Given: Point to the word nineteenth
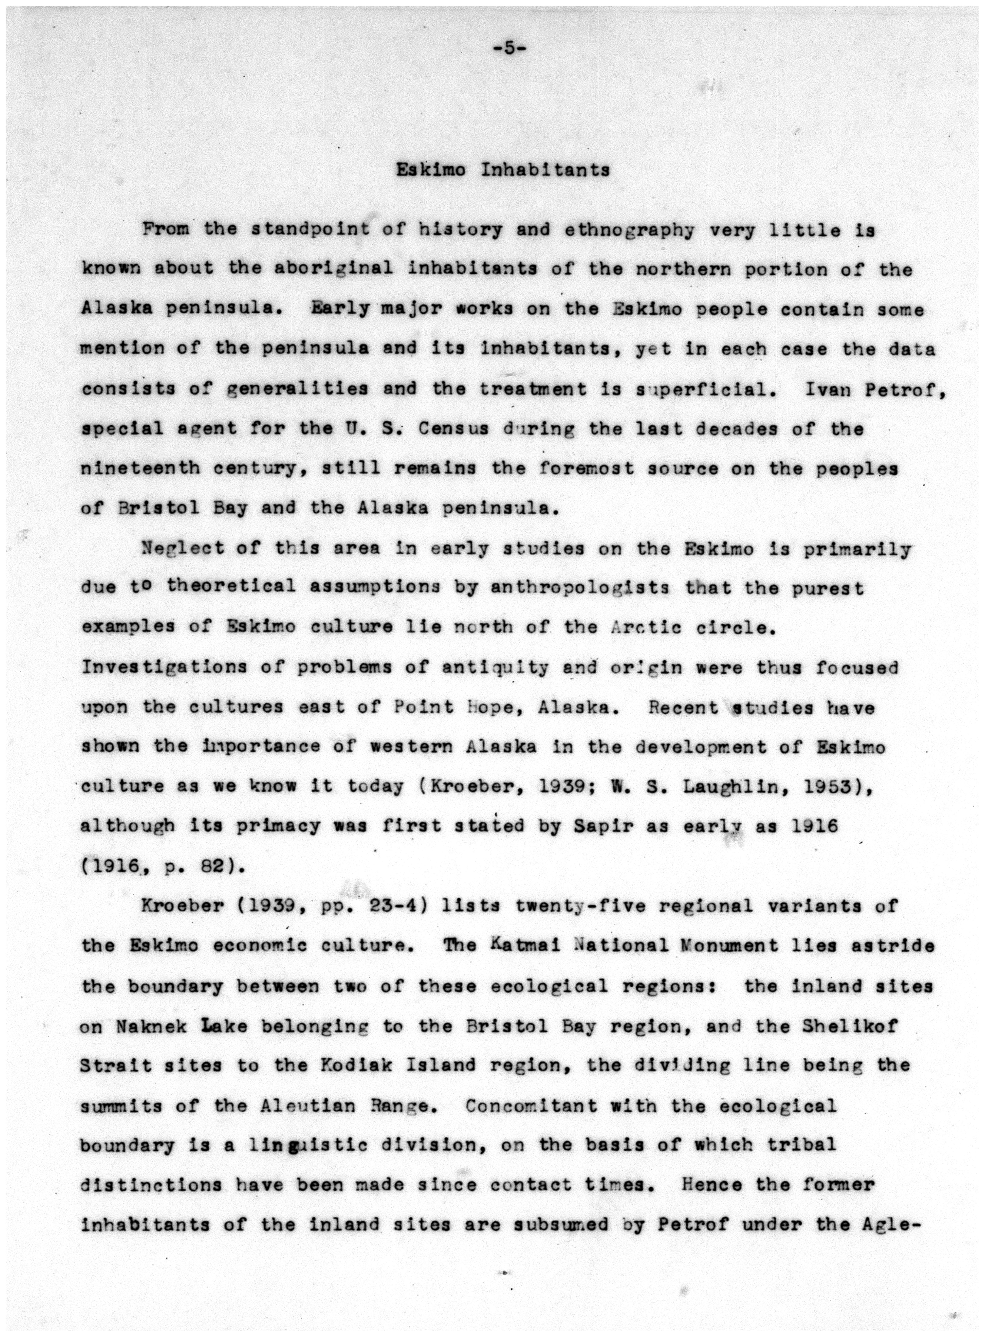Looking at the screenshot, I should coord(140,469).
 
